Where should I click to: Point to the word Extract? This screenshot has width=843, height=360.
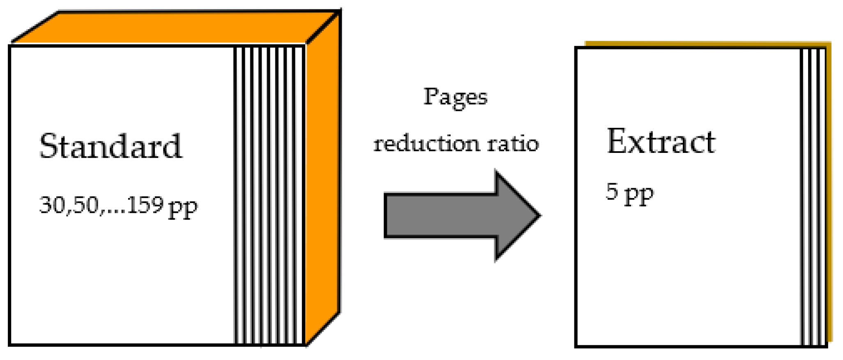(x=661, y=142)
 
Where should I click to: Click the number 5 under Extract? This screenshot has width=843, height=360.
(x=612, y=191)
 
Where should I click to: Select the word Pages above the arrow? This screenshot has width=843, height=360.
(x=455, y=97)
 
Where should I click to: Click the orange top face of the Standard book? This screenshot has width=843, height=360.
(x=177, y=27)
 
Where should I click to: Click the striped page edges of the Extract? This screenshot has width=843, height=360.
(x=813, y=197)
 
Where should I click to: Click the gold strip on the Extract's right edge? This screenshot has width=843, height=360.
(x=829, y=193)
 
